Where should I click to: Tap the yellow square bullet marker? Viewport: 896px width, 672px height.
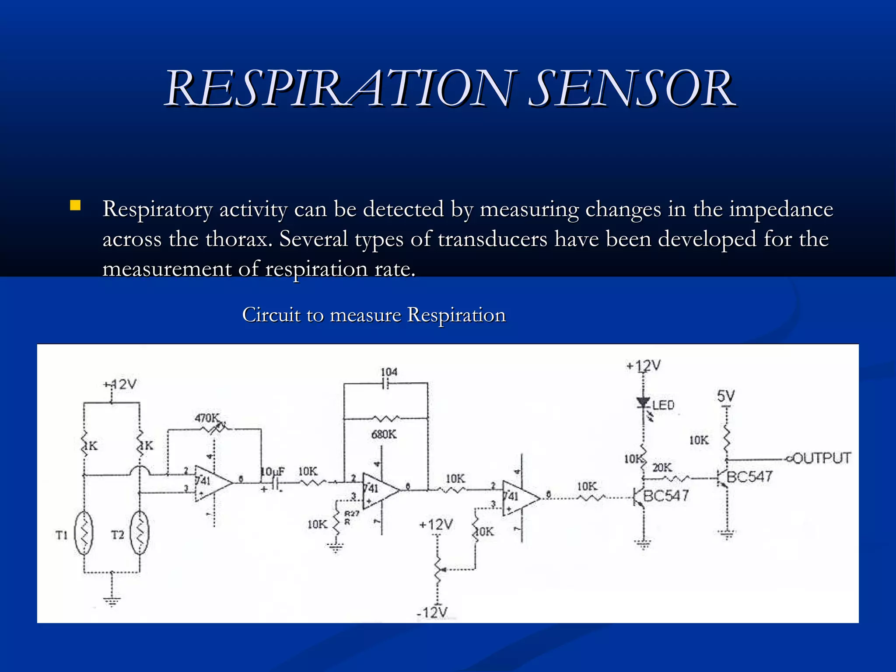(x=75, y=206)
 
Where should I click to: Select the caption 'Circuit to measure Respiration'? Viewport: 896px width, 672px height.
(x=374, y=315)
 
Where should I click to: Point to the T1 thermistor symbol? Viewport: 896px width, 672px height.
(x=84, y=533)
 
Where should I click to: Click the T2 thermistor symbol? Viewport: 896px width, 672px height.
(x=140, y=533)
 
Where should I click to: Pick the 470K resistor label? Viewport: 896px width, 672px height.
(x=206, y=418)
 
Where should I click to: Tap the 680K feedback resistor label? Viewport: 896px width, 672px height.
(x=384, y=434)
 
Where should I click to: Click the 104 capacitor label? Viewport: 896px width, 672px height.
(x=389, y=372)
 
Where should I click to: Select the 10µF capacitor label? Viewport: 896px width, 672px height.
(x=273, y=472)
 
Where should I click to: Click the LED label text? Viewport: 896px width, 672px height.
(x=663, y=405)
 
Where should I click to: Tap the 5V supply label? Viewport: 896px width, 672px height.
(x=726, y=396)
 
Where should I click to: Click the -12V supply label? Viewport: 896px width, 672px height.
(x=432, y=612)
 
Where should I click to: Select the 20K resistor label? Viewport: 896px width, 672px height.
(x=662, y=467)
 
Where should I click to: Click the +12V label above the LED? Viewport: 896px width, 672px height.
(x=643, y=365)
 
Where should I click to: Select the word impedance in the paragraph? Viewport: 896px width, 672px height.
(x=781, y=209)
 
